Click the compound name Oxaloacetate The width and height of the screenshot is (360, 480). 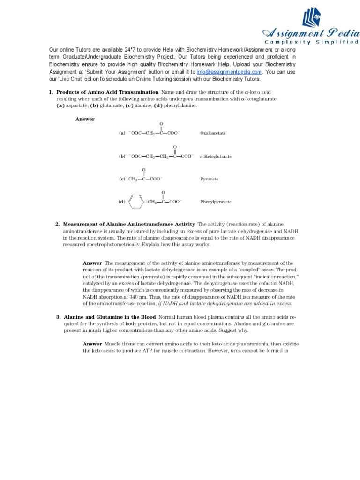(213, 133)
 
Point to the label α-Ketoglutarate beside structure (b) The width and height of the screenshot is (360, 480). (216, 156)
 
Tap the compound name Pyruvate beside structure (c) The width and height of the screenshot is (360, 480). (209, 179)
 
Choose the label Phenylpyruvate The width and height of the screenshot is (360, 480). (216, 202)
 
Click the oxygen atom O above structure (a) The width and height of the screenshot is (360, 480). (161, 124)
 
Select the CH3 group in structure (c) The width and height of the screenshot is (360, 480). (133, 179)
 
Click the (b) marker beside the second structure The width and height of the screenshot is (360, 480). (122, 156)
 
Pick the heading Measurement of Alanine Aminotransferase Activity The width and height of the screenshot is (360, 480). (129, 224)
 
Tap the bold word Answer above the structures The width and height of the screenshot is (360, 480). (85, 119)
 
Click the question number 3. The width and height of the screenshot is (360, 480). (58, 317)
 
